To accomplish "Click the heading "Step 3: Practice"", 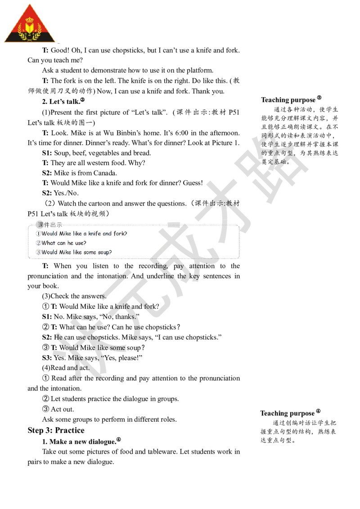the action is tap(56, 430).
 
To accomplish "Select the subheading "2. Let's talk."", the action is tap(63, 101).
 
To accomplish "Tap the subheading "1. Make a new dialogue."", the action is tap(81, 441).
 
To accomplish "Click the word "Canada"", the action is tap(105, 173).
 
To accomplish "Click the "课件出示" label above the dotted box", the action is tap(50, 225).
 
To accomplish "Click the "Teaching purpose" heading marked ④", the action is tap(290, 413).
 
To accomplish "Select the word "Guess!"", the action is tap(193, 183).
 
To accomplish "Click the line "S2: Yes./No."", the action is tap(60, 193).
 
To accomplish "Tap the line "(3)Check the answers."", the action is tap(74, 296).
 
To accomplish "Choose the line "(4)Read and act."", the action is tap(66, 368).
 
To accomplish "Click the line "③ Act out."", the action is tap(58, 409).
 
